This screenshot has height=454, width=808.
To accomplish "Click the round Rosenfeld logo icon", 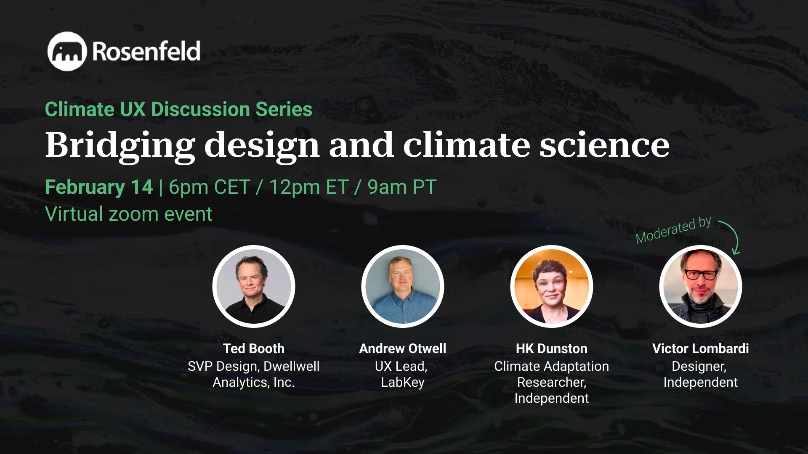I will [x=67, y=51].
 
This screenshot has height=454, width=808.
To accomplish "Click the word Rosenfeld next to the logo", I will [x=146, y=51].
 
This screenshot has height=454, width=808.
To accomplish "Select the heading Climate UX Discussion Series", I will [x=178, y=109].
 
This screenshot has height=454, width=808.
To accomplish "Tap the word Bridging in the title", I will [x=120, y=145].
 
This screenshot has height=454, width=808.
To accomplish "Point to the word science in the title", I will [x=604, y=145].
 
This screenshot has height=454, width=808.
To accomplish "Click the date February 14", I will [x=99, y=187].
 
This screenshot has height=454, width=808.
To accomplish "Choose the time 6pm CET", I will [x=209, y=187].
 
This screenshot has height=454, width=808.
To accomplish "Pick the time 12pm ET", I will [x=308, y=187].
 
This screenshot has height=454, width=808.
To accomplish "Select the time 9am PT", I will [x=401, y=187].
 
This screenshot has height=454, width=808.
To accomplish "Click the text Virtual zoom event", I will [x=128, y=214].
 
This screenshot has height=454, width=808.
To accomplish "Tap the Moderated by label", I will [x=673, y=230].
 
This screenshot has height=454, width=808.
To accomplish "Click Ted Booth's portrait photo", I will [x=254, y=286].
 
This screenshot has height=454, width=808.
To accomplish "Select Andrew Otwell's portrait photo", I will [x=403, y=286].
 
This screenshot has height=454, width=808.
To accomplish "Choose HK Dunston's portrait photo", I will [x=552, y=286].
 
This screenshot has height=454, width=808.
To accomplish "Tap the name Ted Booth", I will [x=254, y=348].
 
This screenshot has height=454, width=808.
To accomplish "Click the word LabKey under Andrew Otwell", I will [x=403, y=382].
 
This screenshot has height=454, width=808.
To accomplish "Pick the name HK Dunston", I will [x=552, y=348].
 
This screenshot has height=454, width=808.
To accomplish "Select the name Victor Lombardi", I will [x=701, y=348].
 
